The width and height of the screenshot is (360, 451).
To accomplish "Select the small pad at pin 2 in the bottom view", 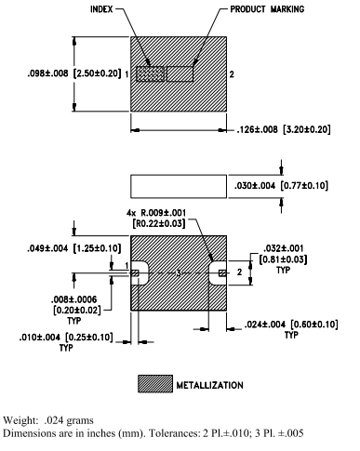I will [x=220, y=272].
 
